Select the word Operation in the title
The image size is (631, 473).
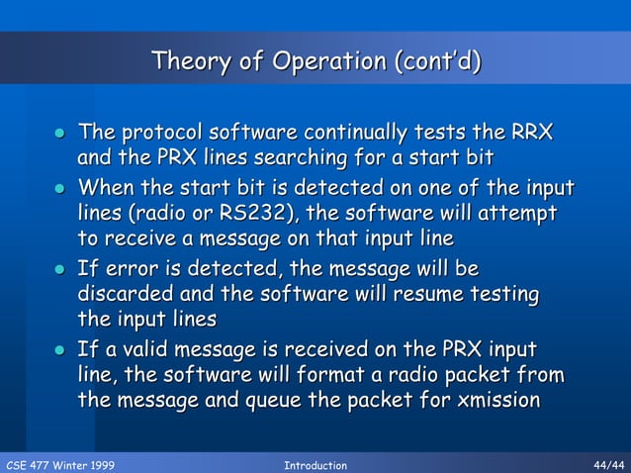pyautogui.click(x=327, y=62)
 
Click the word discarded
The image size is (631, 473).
pyautogui.click(x=125, y=294)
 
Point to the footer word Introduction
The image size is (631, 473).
pyautogui.click(x=315, y=465)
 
